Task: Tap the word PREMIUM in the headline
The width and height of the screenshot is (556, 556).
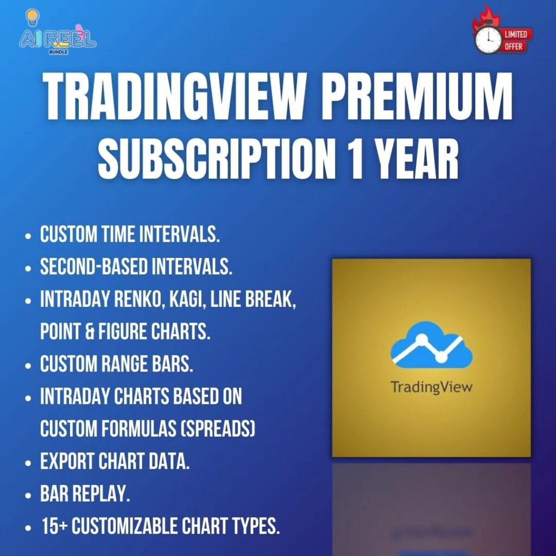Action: pyautogui.click(x=416, y=97)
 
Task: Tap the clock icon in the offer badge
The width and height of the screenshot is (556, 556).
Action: pyautogui.click(x=488, y=39)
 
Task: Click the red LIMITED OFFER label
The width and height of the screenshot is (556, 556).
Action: pyautogui.click(x=516, y=40)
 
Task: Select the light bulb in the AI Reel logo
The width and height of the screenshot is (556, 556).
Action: pyautogui.click(x=33, y=16)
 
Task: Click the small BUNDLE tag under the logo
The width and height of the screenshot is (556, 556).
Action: pyautogui.click(x=59, y=52)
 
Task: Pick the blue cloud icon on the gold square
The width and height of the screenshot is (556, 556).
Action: pyautogui.click(x=432, y=344)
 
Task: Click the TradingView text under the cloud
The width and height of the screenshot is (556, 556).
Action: pyautogui.click(x=431, y=387)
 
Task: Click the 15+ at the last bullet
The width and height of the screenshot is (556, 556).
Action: pyautogui.click(x=55, y=526)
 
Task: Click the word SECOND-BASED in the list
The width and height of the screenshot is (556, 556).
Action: pyautogui.click(x=93, y=267)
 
